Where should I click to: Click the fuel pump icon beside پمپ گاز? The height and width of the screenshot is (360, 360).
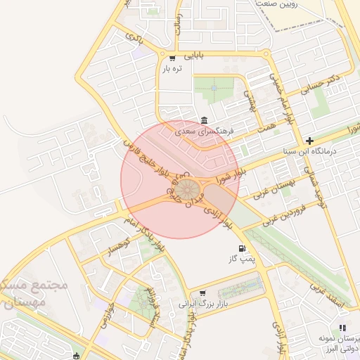[x=243, y=248]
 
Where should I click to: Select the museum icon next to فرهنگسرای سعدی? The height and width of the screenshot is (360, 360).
[x=204, y=120]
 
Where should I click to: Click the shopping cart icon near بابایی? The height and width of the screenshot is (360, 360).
[x=172, y=56]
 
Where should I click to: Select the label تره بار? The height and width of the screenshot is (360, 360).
[x=173, y=69]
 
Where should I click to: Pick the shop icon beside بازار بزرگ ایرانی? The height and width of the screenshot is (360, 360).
[x=202, y=293]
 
